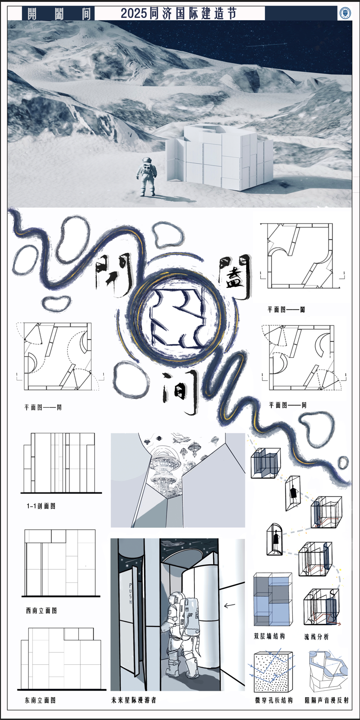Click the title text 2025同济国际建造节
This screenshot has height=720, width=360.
[x=179, y=14]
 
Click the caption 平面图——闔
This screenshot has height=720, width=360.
[x=286, y=309]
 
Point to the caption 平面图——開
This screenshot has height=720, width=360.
[x=43, y=407]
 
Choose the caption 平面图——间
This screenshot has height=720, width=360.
[x=287, y=405]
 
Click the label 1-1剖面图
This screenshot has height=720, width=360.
[x=41, y=506]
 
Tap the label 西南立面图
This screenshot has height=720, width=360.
[x=41, y=610]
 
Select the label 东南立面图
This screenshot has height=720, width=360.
[x=40, y=700]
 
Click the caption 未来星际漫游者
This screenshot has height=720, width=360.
[x=134, y=700]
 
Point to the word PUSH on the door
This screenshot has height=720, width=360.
[x=130, y=594]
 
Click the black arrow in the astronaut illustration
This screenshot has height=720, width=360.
[x=229, y=606]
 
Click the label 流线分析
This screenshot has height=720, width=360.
[x=317, y=637]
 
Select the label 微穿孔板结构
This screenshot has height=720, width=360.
[x=274, y=700]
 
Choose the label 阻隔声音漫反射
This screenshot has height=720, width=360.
[x=327, y=700]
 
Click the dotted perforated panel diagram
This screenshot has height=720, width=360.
[x=271, y=672]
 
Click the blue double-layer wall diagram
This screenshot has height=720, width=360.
[x=273, y=599]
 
